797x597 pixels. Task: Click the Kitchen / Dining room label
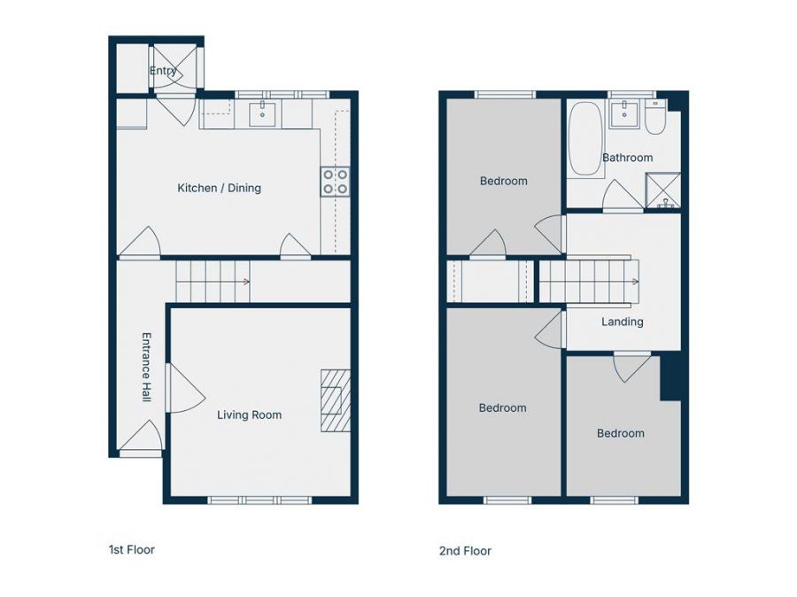point(219,188)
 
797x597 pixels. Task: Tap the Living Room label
point(249,415)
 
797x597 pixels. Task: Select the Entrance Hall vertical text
point(146,368)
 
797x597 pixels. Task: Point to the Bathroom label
point(627,158)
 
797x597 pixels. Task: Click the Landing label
point(623,322)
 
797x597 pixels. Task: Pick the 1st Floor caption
point(132,550)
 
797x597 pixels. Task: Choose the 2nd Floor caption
point(465,551)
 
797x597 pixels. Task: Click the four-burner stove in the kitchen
point(336,182)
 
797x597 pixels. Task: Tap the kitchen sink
point(262,113)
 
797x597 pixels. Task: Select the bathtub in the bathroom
point(584,139)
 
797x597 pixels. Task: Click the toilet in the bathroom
point(655,117)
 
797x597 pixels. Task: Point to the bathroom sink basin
point(623,114)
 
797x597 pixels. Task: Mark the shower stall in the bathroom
point(662,190)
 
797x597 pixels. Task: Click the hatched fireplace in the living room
point(336,400)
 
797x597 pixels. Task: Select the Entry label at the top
point(163,71)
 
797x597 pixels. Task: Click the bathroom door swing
point(623,195)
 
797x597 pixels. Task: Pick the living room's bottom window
point(259,500)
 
